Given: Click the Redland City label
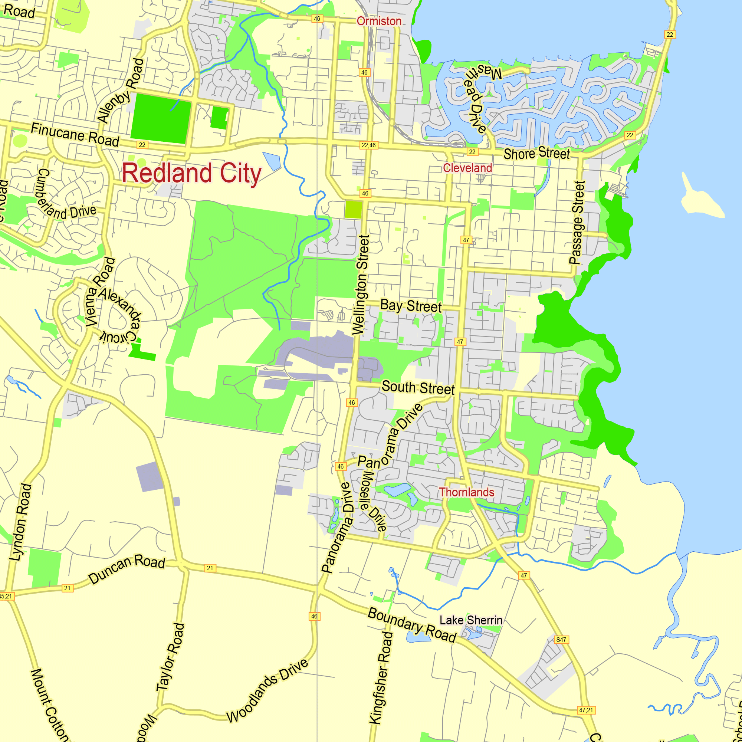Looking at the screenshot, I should [192, 173].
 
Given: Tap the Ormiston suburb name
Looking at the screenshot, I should [379, 21].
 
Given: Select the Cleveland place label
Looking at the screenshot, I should [467, 168].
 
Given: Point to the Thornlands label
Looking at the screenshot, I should [466, 492].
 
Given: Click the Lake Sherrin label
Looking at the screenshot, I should [470, 620].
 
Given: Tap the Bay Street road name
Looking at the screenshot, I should [411, 306].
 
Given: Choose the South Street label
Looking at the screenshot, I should [418, 388].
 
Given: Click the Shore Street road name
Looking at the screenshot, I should [536, 154].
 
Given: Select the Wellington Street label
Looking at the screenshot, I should [361, 285].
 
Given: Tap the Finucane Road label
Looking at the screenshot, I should [75, 134].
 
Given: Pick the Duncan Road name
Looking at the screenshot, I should [127, 568].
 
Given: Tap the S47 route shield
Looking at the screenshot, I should [561, 640].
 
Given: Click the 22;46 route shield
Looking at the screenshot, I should [369, 145].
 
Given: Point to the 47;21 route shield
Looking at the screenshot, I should [586, 710].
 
